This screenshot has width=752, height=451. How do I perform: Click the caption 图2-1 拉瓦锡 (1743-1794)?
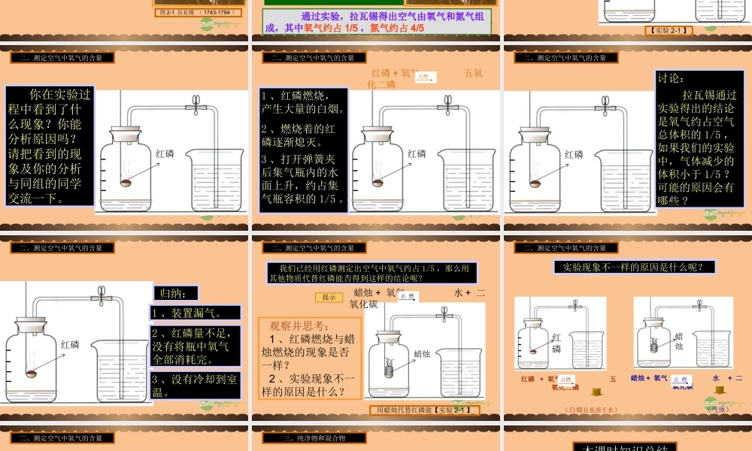pyautogui.click(x=199, y=13)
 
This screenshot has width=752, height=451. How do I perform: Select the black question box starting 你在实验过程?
pyautogui.click(x=50, y=146)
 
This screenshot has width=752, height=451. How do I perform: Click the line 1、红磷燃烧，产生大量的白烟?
pyautogui.click(x=303, y=102)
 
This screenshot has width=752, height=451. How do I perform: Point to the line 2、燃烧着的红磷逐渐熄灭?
pyautogui.click(x=303, y=135)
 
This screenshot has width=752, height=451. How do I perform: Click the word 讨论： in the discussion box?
pyautogui.click(x=672, y=78)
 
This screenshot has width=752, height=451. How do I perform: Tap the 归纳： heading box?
pyautogui.click(x=175, y=292)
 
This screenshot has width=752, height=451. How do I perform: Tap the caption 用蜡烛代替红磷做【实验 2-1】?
pyautogui.click(x=425, y=410)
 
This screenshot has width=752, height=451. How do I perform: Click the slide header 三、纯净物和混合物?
pyautogui.click(x=314, y=437)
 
